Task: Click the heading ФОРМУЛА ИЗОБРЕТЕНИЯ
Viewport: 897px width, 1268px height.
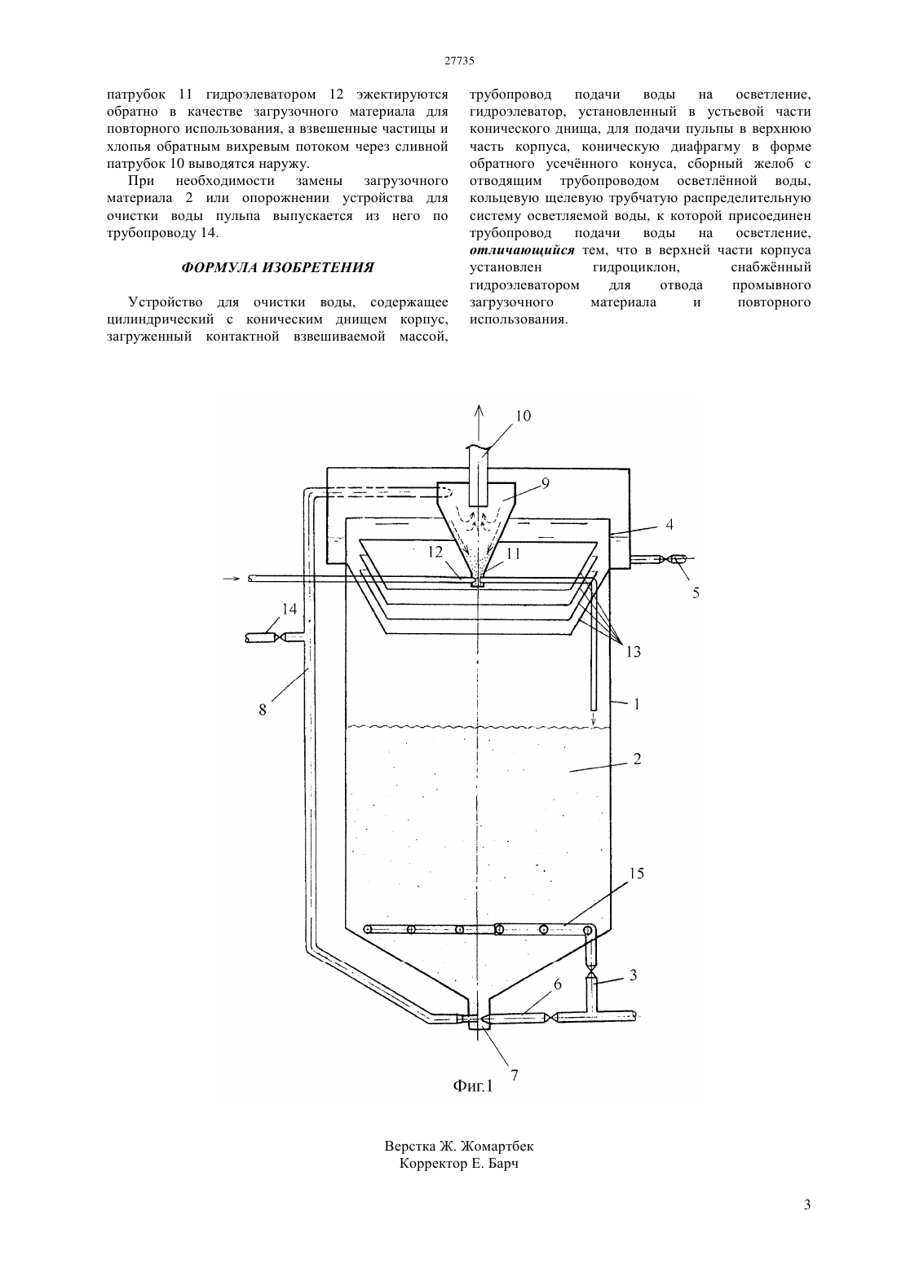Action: [x=277, y=268]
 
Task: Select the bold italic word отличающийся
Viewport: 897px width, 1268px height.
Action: [x=522, y=251]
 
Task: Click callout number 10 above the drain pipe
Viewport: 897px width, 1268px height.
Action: [x=524, y=416]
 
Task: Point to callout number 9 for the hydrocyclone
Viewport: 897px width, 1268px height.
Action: [x=546, y=483]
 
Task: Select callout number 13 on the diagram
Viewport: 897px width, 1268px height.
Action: [x=633, y=652]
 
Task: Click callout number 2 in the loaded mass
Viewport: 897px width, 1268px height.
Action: [x=637, y=759]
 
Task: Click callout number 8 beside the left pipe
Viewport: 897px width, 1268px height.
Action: [x=263, y=709]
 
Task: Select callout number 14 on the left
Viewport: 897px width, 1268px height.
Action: [x=289, y=609]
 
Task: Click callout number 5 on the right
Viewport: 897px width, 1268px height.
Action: [x=696, y=592]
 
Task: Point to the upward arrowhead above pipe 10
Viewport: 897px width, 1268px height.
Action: [x=479, y=410]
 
